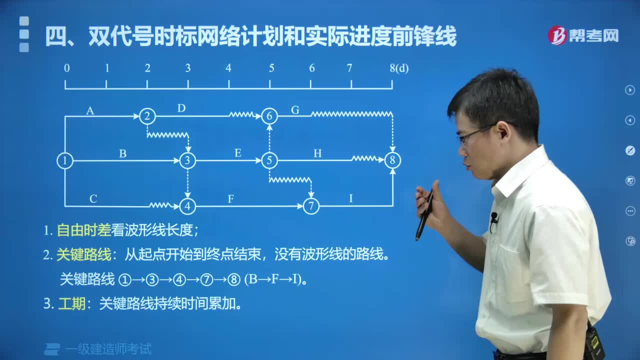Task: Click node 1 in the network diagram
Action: (65, 160)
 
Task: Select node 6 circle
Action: (269, 116)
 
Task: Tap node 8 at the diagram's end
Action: (392, 160)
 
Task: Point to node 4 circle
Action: (187, 205)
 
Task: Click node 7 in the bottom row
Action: (311, 205)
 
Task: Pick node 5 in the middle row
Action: (269, 160)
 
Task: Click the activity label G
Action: (295, 110)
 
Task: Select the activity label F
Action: (231, 199)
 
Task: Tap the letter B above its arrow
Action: (122, 154)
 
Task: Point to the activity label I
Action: (350, 198)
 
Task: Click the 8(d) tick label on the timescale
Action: (399, 68)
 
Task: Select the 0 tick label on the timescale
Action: (66, 68)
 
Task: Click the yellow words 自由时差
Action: (83, 230)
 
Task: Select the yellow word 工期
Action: (71, 304)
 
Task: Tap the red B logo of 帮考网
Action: (557, 35)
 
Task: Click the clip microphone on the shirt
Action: (494, 218)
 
